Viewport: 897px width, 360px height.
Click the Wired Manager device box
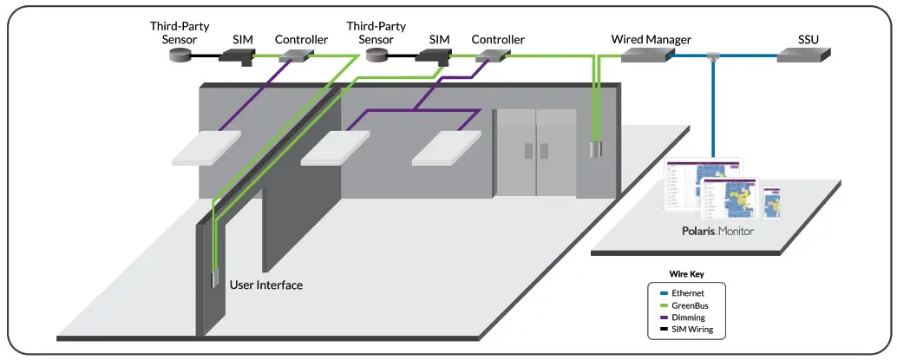click(x=647, y=55)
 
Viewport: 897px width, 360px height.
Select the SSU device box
click(x=802, y=55)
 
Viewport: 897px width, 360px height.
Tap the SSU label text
click(x=809, y=39)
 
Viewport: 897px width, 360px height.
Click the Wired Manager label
click(x=651, y=39)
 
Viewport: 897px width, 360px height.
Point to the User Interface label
click(x=266, y=285)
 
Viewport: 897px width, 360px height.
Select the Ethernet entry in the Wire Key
click(x=686, y=294)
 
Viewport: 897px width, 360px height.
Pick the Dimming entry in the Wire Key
click(x=687, y=318)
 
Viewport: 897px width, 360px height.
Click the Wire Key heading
click(x=685, y=273)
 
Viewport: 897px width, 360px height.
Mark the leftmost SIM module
click(x=236, y=56)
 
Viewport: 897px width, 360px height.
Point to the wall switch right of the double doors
click(x=596, y=150)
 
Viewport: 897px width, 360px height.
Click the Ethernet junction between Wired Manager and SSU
click(x=713, y=57)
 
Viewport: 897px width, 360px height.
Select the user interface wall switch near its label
click(x=213, y=279)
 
